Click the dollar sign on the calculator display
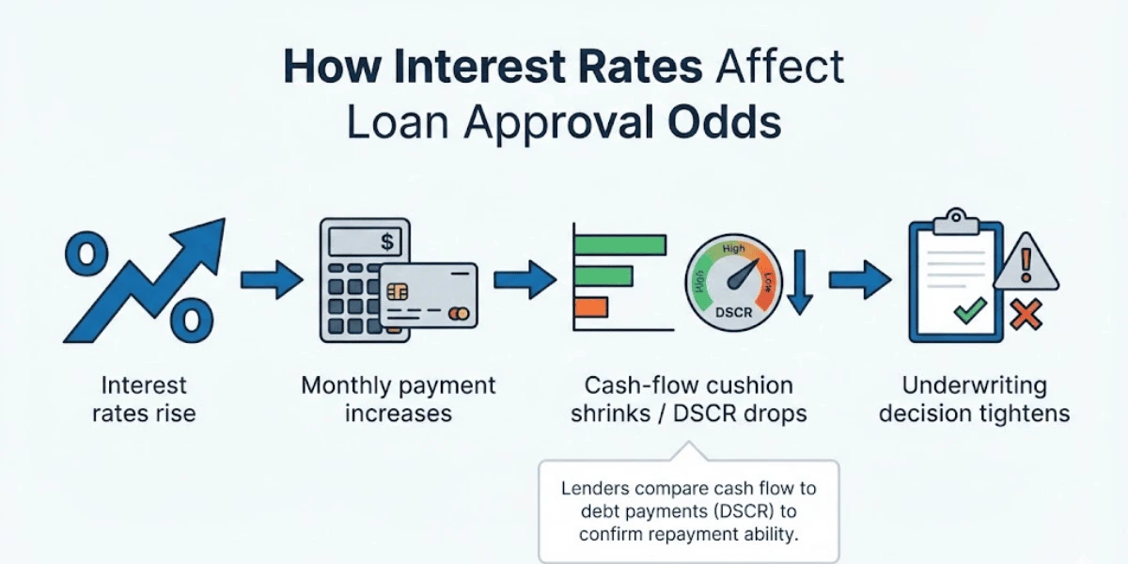[x=387, y=243]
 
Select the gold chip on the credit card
[x=397, y=291]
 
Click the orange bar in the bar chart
[x=591, y=306]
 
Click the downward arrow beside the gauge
[x=799, y=281]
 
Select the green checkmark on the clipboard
[x=969, y=309]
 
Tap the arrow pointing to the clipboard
[x=859, y=280]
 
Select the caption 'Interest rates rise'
[x=144, y=399]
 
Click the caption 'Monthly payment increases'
[x=398, y=399]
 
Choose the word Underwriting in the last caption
[x=974, y=385]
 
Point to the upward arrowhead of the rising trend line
[x=208, y=235]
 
